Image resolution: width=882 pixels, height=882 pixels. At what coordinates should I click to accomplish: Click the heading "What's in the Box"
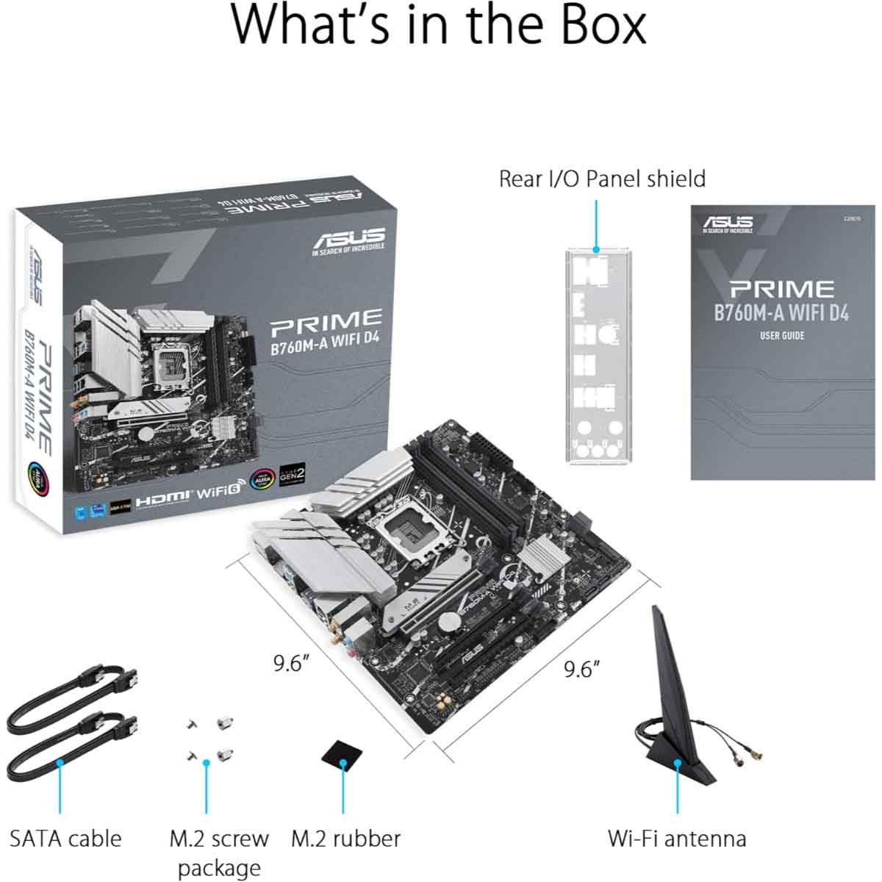pos(440,26)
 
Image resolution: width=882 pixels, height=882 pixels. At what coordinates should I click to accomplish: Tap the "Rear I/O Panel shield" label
pos(601,179)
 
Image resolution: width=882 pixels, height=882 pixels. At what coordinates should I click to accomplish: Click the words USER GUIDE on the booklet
pos(781,336)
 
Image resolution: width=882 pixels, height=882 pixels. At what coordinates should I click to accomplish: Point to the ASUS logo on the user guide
pos(728,222)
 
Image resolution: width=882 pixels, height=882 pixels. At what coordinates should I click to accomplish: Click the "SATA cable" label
pos(65,838)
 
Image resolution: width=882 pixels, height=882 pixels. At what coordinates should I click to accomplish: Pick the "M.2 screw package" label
pos(219,852)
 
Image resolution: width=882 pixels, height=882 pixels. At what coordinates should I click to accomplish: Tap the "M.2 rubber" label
pos(345,838)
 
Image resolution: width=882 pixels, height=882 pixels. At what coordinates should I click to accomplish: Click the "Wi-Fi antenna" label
pos(676,838)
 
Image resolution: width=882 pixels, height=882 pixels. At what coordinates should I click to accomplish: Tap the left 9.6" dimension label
pos(290,663)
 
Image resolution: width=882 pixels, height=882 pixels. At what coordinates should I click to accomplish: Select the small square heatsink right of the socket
pos(545,553)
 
